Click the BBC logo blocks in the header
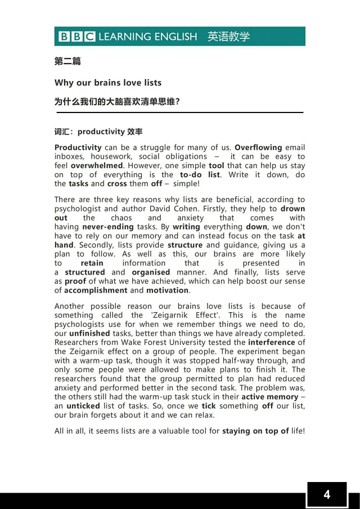[76, 37]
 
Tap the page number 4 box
[327, 495]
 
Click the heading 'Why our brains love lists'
[108, 83]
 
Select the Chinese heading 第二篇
[67, 61]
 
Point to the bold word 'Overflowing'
[259, 147]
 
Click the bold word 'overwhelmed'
[97, 165]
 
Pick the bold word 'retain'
[92, 263]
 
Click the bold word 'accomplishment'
[96, 290]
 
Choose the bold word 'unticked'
[84, 406]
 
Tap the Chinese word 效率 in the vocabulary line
[135, 132]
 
